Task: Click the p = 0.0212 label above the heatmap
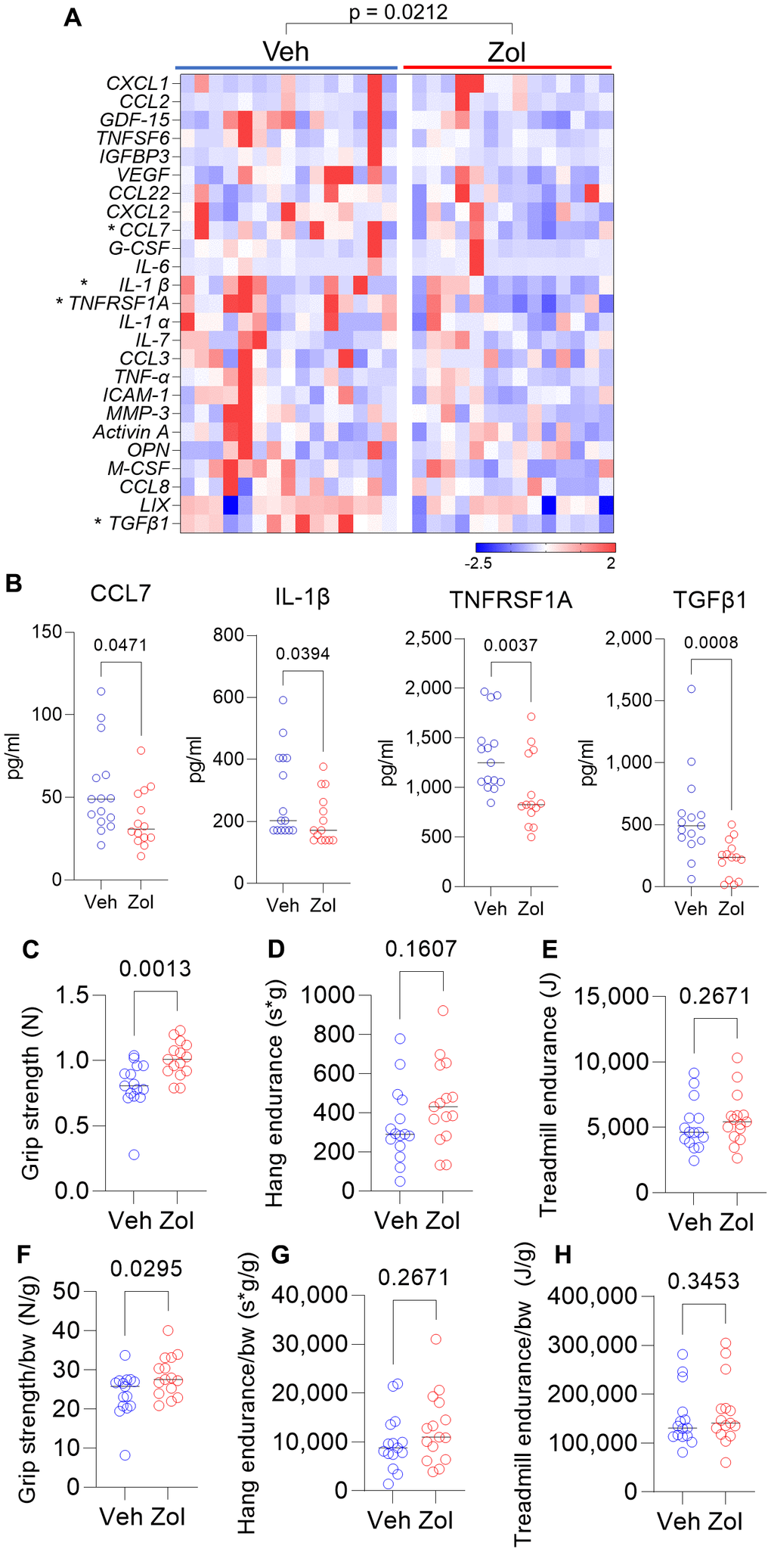398,12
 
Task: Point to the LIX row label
155,505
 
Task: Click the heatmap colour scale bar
545,548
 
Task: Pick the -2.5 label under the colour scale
478,563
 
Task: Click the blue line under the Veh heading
286,67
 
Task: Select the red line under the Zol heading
507,67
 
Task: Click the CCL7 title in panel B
120,594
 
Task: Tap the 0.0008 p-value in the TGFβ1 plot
711,643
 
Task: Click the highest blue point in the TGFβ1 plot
691,689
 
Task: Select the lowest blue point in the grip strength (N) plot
134,1155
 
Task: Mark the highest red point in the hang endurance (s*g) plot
443,1010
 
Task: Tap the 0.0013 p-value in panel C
155,969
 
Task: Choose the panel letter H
563,1255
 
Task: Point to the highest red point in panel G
436,1339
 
